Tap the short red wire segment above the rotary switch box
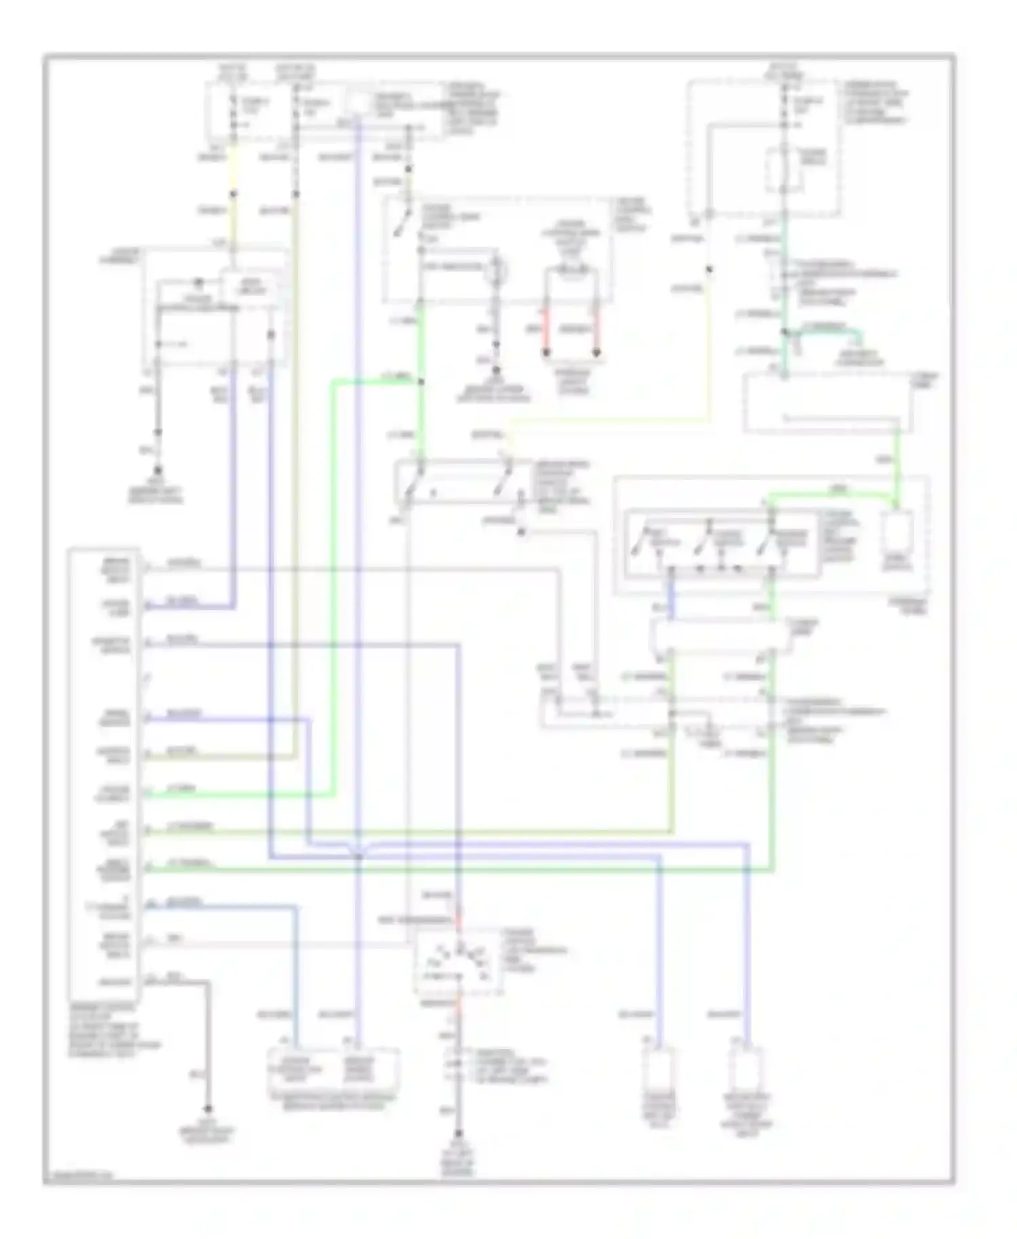[459, 920]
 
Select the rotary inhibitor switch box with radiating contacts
[459, 962]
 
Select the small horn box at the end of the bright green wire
[896, 540]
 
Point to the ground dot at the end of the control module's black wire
[208, 1110]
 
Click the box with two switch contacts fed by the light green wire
[461, 483]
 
